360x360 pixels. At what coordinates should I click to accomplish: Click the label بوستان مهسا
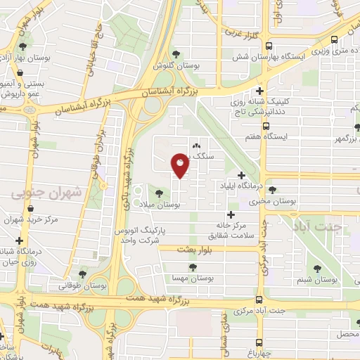coord(193,279)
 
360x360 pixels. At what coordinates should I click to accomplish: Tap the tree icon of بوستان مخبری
coord(272,189)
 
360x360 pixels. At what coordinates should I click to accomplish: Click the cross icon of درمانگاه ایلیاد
coord(242,174)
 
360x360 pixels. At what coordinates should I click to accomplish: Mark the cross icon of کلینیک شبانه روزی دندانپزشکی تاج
coord(260,90)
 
